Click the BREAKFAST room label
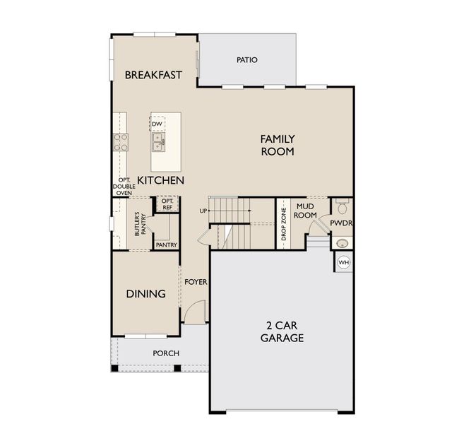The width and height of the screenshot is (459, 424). click(x=153, y=75)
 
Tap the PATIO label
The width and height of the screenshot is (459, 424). click(x=246, y=60)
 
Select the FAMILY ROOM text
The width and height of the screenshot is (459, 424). click(x=277, y=145)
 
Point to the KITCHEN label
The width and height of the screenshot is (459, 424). click(x=160, y=180)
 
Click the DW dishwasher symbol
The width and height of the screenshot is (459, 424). click(x=157, y=124)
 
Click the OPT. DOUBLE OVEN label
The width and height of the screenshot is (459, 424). click(x=124, y=186)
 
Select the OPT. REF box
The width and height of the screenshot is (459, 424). click(x=167, y=204)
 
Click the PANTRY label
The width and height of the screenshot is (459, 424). click(x=166, y=245)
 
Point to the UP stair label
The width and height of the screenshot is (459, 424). click(x=203, y=211)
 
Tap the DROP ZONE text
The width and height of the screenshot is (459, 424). click(x=283, y=225)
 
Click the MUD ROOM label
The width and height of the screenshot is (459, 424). click(x=305, y=210)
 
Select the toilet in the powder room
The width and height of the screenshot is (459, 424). click(x=342, y=207)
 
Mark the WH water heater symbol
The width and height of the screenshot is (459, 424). click(x=344, y=262)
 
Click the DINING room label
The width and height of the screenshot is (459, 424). click(x=145, y=293)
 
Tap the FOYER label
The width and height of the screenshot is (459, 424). click(x=196, y=282)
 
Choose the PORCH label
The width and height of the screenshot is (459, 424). click(x=166, y=353)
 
